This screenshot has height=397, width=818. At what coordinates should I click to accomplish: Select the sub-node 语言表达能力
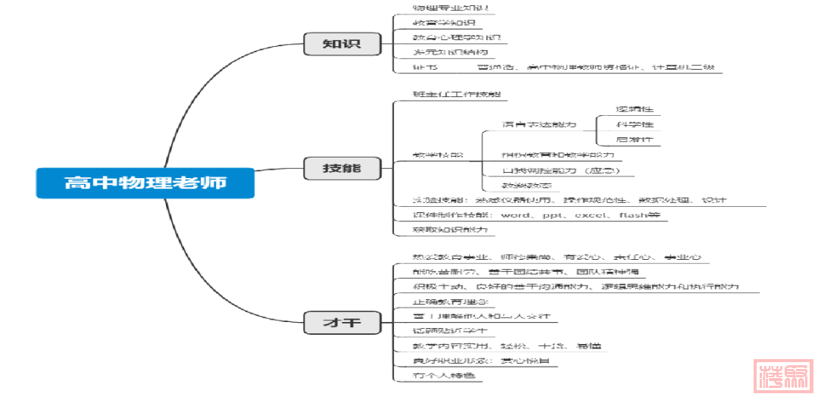(539, 124)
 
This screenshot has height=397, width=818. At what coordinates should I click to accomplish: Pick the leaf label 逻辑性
(635, 108)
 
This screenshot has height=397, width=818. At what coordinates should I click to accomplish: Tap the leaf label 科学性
(635, 124)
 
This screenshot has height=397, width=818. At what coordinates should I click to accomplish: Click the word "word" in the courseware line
(516, 215)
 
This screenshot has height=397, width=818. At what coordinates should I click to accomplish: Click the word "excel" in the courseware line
(591, 215)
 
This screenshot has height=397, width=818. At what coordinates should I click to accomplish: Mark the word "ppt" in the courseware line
(554, 215)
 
